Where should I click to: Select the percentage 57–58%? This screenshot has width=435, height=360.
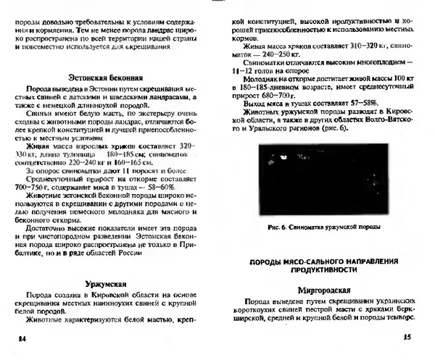361,105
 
